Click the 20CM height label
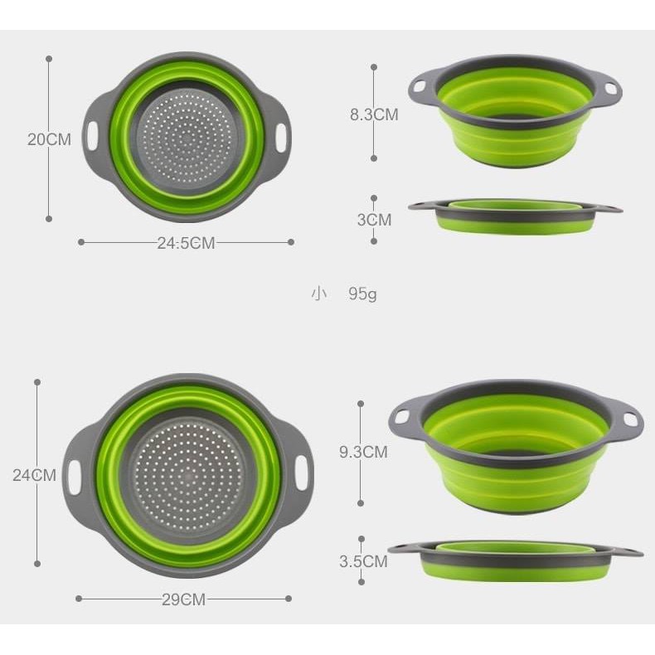(x=49, y=139)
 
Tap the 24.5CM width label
(x=186, y=243)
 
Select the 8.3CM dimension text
(x=374, y=114)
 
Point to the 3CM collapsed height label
(x=374, y=220)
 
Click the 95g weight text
(x=362, y=294)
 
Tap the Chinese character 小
(x=318, y=294)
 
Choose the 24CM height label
(x=34, y=475)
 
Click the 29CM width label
(x=184, y=599)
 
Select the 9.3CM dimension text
(x=363, y=452)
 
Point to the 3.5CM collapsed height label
(x=363, y=561)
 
